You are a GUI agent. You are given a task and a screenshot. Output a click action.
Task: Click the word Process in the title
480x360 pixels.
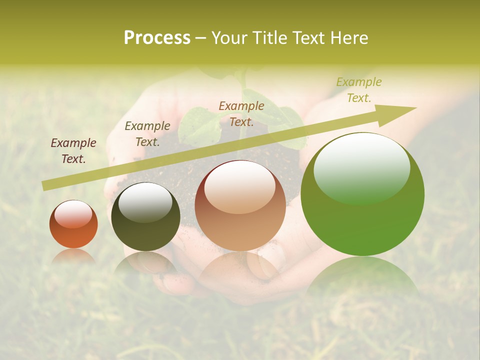coord(157,38)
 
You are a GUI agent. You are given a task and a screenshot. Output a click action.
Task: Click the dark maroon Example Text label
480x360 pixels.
coord(73,151)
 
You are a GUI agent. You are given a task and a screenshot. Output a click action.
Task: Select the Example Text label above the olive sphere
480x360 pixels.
coord(147,133)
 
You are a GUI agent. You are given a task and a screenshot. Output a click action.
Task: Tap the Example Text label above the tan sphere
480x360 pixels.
coord(241,113)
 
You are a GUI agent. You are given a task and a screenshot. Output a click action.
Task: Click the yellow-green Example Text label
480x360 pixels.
coord(359,90)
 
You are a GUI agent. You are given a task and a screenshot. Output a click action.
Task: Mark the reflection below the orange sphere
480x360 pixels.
coord(73,256)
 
